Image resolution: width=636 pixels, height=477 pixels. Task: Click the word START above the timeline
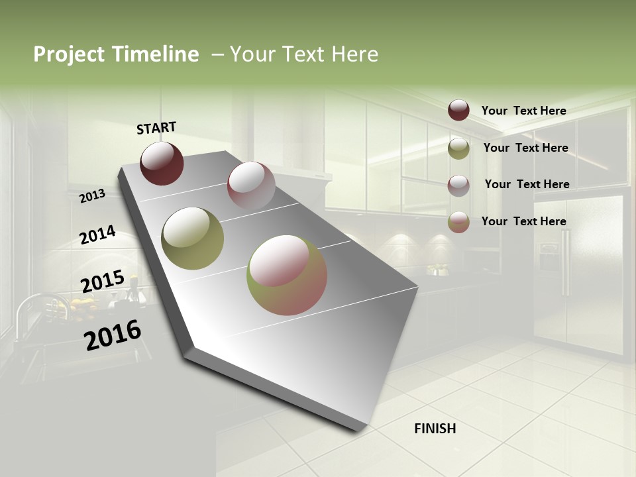[x=156, y=128]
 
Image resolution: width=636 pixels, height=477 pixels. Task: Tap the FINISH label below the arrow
[x=435, y=429]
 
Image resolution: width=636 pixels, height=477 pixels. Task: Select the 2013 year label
[x=93, y=196]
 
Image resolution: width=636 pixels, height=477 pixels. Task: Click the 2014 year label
[x=98, y=235]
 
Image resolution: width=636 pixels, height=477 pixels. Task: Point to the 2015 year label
[x=103, y=282]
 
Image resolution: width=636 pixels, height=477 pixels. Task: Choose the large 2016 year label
[x=113, y=335]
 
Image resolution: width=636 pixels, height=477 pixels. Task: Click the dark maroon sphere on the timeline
[x=162, y=163]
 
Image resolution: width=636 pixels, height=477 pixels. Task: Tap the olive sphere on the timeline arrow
[x=192, y=238]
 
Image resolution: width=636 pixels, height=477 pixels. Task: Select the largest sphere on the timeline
[x=287, y=275]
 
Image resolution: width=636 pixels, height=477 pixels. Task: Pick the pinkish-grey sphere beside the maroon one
[x=251, y=185]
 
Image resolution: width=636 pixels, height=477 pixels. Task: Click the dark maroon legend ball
[x=458, y=110]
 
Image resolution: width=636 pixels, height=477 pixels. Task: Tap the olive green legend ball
[x=458, y=148]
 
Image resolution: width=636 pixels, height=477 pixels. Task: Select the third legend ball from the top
[x=458, y=185]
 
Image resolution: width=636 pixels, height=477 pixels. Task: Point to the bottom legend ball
[x=458, y=222]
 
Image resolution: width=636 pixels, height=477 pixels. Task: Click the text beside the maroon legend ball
[x=523, y=111]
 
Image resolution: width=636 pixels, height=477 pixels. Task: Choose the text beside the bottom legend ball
[x=523, y=221]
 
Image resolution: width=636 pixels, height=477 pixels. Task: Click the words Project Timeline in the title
[x=116, y=54]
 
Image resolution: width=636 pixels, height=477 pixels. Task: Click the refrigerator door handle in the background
[x=565, y=262]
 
